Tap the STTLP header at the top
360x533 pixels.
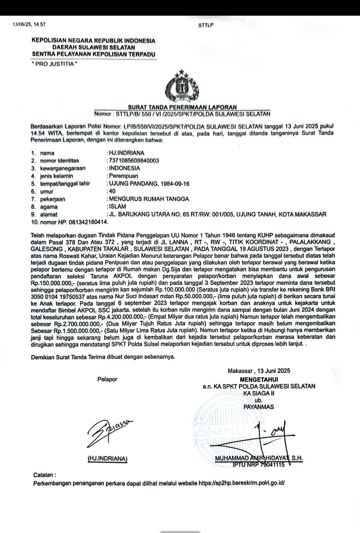tap(206, 25)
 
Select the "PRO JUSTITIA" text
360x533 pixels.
tap(54, 64)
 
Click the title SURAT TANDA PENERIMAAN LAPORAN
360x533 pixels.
tap(182, 107)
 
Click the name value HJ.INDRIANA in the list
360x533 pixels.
tap(127, 153)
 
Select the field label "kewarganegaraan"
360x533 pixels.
tap(63, 168)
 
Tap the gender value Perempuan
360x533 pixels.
tap(123, 176)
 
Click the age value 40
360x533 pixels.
tap(112, 191)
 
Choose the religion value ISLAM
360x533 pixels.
tap(118, 207)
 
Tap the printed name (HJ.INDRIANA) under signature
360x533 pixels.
tap(107, 459)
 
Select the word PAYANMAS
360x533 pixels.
tap(259, 407)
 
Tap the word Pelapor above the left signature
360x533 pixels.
tap(107, 379)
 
